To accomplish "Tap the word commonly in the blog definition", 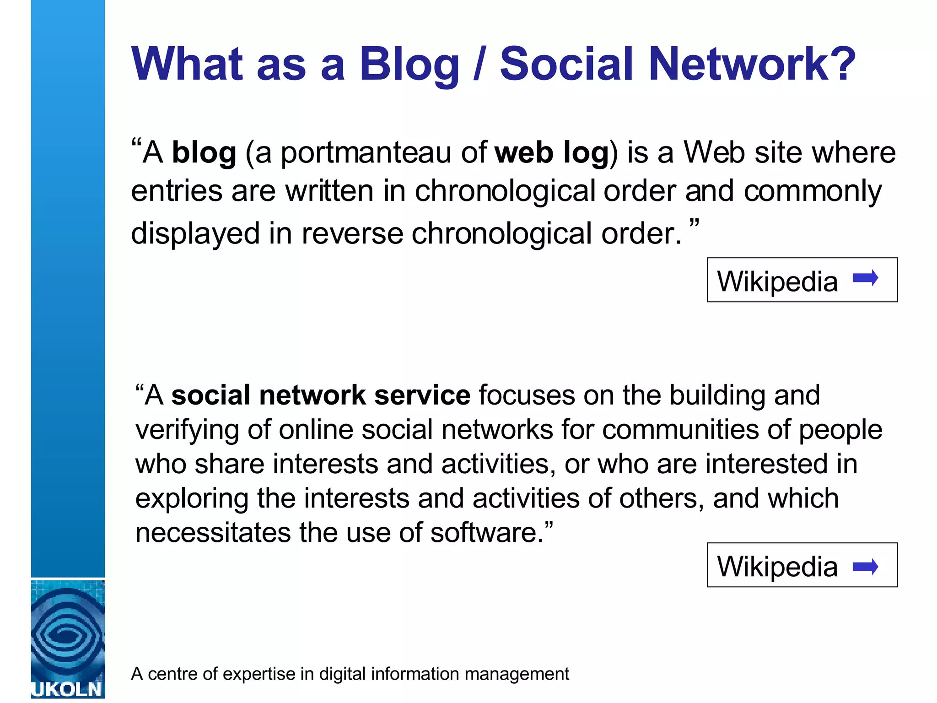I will coord(813,191).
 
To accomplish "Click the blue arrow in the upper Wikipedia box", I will coord(865,278).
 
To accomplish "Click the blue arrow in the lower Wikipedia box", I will coord(865,567).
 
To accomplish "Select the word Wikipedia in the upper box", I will coord(777,281).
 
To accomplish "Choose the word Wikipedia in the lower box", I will coord(777,567).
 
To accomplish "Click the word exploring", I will coord(192,498).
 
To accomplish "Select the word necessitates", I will coord(213,533).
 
